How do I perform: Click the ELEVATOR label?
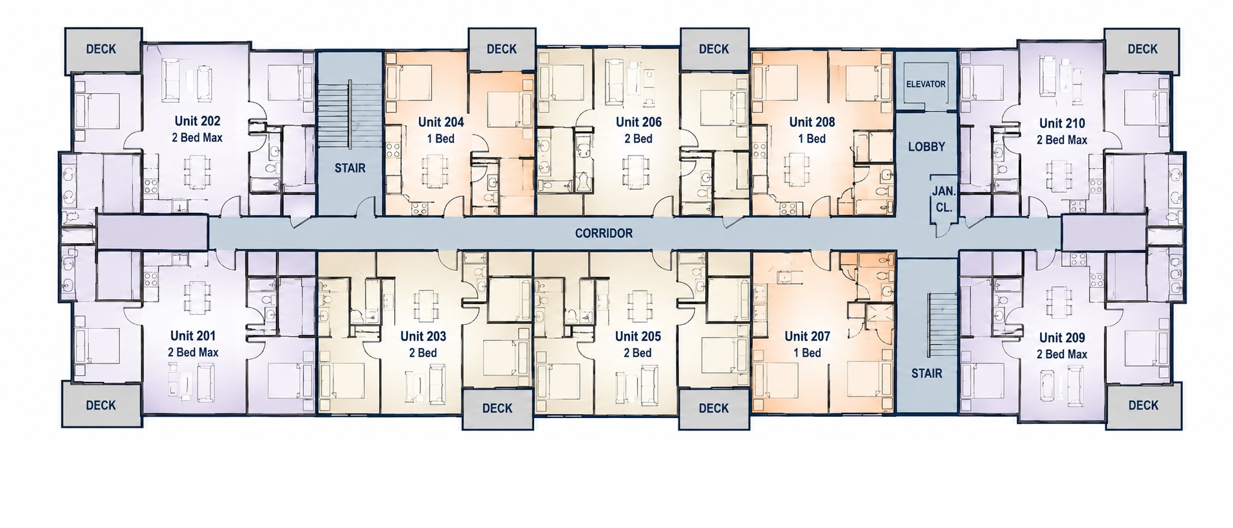(x=925, y=84)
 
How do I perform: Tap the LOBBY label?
(x=926, y=147)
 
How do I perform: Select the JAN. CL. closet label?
(x=943, y=200)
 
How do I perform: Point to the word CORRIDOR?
(x=604, y=233)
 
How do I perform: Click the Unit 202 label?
(x=197, y=121)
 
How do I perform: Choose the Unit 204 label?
(x=441, y=122)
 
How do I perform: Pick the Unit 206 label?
(x=638, y=122)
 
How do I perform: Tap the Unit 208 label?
(x=812, y=122)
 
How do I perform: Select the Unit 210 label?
(x=1062, y=123)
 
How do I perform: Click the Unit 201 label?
(x=193, y=336)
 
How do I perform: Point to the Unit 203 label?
(x=423, y=336)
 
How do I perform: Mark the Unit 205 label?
(x=638, y=336)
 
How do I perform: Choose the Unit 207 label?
(x=807, y=336)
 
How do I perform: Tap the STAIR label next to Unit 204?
(x=350, y=168)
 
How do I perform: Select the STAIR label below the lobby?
(x=927, y=374)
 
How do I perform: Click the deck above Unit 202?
(x=102, y=50)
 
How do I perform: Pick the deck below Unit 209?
(x=1143, y=405)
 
